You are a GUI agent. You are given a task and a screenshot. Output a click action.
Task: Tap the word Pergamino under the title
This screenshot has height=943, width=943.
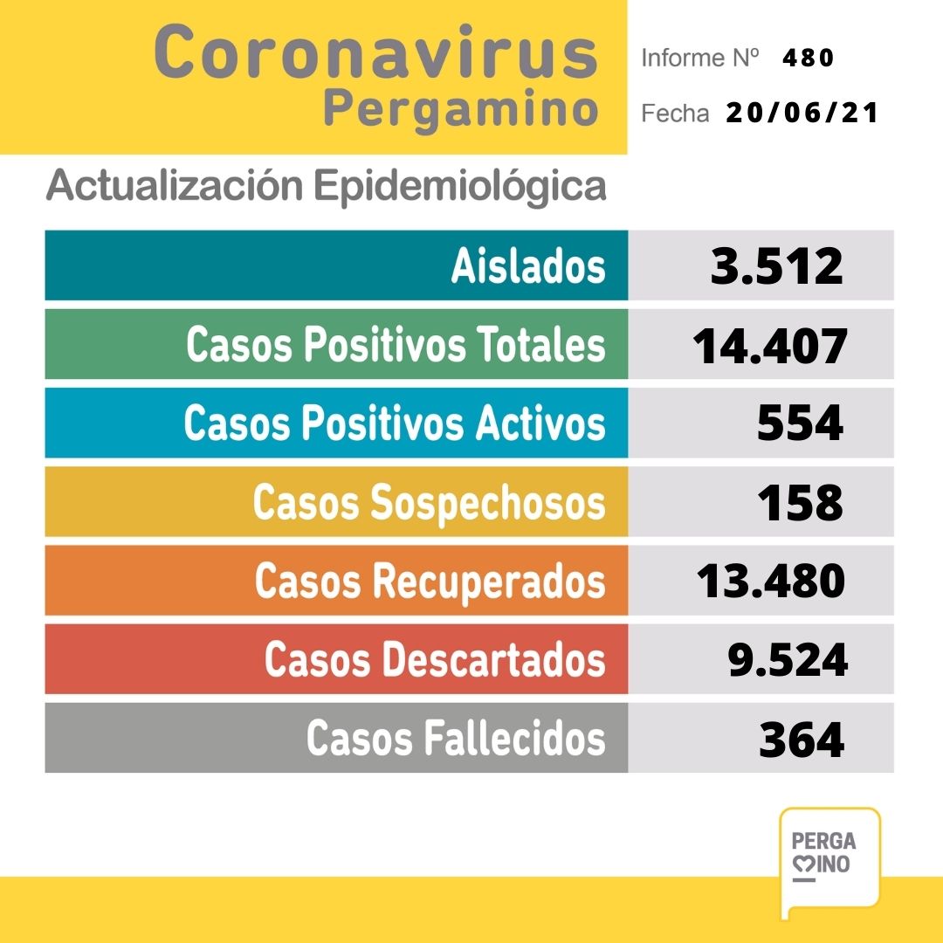pos(460,110)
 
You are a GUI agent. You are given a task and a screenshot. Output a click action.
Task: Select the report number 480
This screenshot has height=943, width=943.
pos(809,58)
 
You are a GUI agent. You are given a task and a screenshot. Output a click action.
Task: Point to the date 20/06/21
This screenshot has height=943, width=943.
pos(802,114)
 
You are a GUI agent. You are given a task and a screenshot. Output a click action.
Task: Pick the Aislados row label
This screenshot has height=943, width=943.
pos(527,265)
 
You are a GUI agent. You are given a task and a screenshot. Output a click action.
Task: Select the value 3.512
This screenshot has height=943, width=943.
pos(777,266)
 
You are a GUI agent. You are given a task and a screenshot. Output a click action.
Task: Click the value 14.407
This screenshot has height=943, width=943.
pos(770,346)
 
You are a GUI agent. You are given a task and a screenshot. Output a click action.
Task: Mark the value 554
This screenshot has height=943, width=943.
pos(800,423)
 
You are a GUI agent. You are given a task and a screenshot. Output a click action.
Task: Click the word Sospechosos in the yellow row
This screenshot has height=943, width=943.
pos(489,503)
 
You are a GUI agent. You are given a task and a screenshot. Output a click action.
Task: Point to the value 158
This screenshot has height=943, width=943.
pos(800,503)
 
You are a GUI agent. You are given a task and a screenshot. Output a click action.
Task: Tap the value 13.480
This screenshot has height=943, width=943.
pos(770,582)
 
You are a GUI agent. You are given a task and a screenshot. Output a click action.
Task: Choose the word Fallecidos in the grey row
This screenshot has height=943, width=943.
pos(514,739)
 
